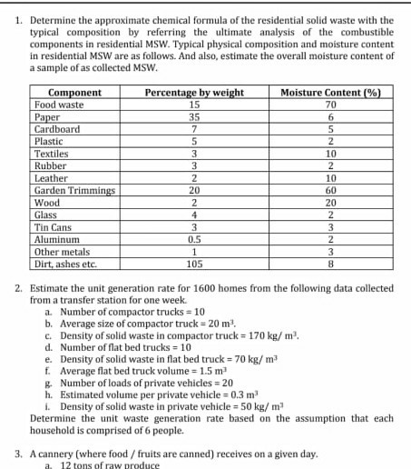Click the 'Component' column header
pos(73,93)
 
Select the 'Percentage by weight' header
pos(194,93)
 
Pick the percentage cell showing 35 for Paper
pos(194,117)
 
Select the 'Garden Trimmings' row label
pos(74,191)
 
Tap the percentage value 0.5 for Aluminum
pos(194,240)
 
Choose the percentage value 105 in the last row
pos(194,264)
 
